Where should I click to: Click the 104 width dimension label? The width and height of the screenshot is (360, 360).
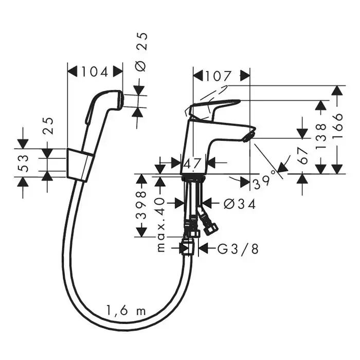(95, 72)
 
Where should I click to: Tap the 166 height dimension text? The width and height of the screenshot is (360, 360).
(337, 125)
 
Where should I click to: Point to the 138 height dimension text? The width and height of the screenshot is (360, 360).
(321, 136)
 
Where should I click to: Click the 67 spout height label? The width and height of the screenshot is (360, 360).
(304, 156)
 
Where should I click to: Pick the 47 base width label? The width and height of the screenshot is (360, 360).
(193, 164)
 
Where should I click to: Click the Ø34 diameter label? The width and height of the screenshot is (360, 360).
(240, 204)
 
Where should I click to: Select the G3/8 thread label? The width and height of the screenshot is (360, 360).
(238, 248)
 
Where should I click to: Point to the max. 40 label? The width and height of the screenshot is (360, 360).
(160, 225)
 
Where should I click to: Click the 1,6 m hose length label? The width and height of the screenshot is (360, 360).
(126, 311)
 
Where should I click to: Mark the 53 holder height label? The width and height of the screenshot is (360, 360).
(23, 163)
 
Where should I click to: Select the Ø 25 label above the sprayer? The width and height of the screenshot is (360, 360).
(140, 52)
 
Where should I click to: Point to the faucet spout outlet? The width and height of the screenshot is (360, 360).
(248, 136)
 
